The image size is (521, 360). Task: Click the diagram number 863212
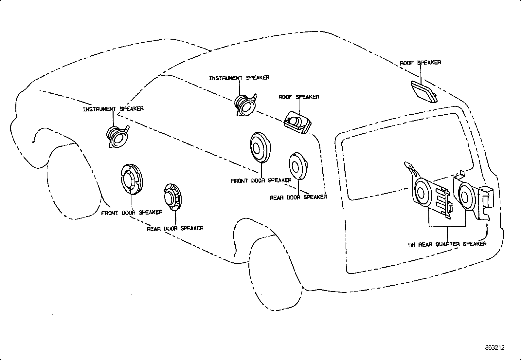(x=495, y=348)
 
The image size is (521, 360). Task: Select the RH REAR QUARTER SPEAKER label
(x=447, y=244)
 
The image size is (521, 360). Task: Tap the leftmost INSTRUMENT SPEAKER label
(x=113, y=109)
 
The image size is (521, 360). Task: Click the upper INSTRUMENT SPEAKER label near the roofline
(x=239, y=78)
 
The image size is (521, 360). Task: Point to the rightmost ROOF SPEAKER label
(x=420, y=63)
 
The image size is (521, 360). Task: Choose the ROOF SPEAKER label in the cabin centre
(x=299, y=97)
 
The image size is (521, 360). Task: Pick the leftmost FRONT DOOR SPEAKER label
(x=132, y=213)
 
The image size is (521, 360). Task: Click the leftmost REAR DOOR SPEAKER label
(x=175, y=228)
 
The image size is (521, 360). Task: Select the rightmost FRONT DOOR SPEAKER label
(x=261, y=180)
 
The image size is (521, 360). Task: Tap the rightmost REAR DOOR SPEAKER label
(x=298, y=197)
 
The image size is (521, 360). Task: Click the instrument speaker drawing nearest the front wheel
(x=118, y=137)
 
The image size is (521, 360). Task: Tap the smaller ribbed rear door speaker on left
(x=172, y=197)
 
